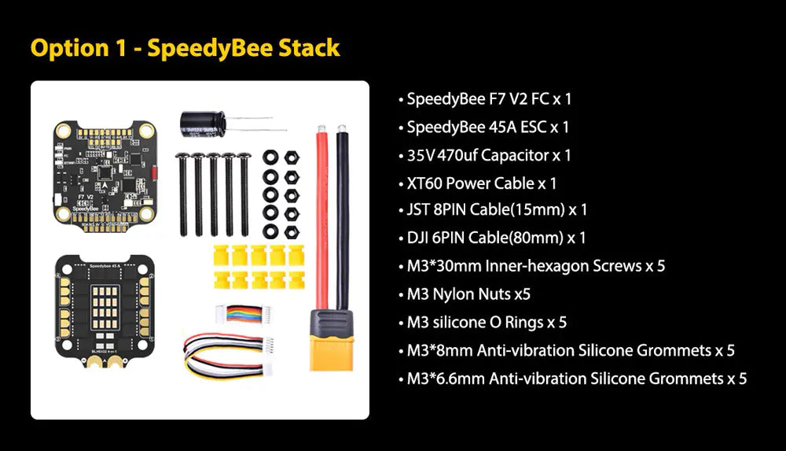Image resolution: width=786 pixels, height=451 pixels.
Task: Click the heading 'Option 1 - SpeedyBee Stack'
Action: [x=185, y=47]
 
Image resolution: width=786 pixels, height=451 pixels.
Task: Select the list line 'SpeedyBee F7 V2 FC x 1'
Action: [x=489, y=99]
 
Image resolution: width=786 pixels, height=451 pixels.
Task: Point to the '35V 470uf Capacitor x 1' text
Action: [x=489, y=155]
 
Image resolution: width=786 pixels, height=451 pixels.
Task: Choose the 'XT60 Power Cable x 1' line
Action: [x=482, y=183]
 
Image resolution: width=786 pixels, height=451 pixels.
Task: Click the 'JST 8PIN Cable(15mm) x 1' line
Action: [x=497, y=210]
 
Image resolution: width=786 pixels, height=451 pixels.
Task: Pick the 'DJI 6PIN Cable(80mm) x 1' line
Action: [x=496, y=238]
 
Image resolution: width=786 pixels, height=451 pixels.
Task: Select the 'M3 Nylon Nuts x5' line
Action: [x=468, y=294]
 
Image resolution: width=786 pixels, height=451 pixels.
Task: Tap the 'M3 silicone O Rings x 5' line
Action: [x=487, y=322]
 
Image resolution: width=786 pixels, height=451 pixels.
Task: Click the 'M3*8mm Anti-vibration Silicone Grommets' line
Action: [x=571, y=350]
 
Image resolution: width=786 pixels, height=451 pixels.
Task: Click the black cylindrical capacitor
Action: [x=202, y=121]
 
